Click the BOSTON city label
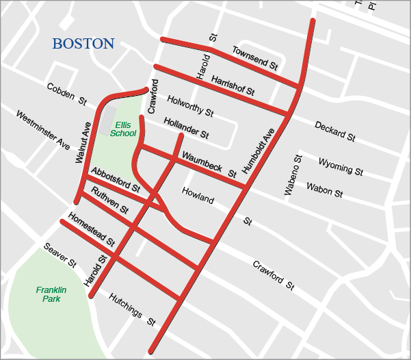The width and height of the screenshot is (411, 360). tap(83, 44)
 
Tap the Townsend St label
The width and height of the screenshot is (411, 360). tap(254, 59)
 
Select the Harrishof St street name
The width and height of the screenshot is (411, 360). tap(233, 85)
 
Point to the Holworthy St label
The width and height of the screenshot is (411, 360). tap(190, 105)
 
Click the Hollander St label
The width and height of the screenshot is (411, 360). tap(186, 127)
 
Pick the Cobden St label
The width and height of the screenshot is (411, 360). tap(67, 94)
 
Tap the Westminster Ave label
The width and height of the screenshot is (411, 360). tap(43, 131)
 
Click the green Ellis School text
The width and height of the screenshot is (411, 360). tap(124, 129)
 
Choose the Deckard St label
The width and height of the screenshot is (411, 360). tap(335, 131)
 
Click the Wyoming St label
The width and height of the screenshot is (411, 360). tap(340, 165)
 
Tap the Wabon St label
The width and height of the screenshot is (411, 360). tap(324, 189)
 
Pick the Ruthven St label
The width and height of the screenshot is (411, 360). tap(110, 199)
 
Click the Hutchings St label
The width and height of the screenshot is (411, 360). tap(133, 309)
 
